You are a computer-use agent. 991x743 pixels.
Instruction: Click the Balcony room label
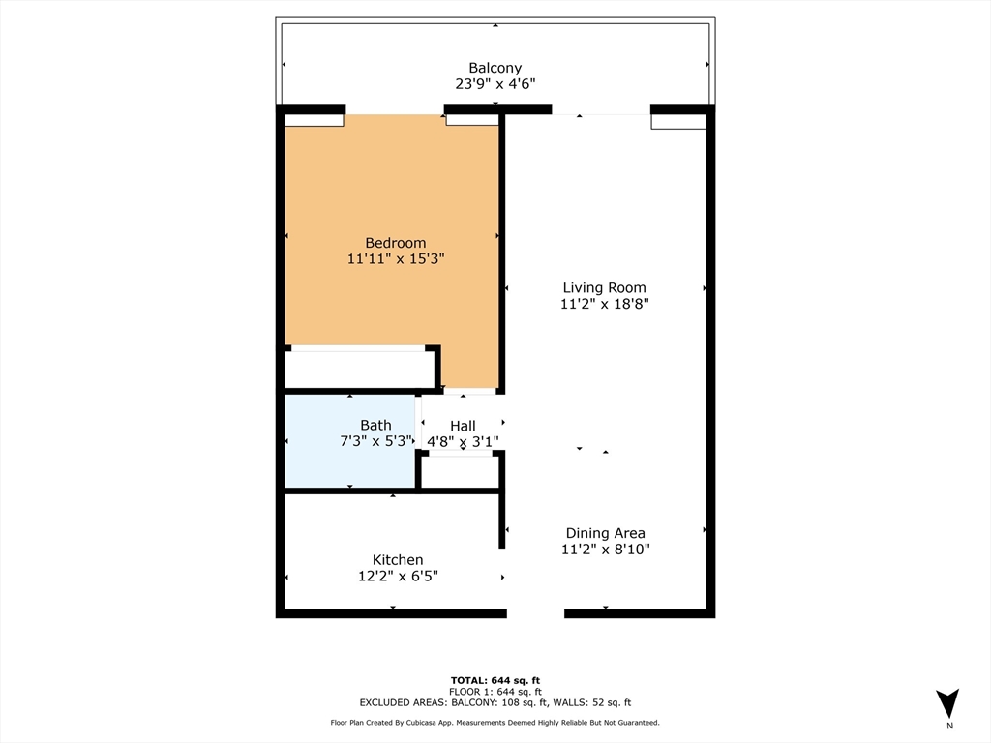pyautogui.click(x=495, y=68)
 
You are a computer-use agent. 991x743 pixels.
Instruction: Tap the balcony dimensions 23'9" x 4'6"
pyautogui.click(x=495, y=84)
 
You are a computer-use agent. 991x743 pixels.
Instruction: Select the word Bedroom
pyautogui.click(x=395, y=243)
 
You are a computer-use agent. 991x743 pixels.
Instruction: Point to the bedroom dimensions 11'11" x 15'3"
pyautogui.click(x=395, y=259)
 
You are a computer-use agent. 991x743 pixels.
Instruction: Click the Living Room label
pyautogui.click(x=604, y=287)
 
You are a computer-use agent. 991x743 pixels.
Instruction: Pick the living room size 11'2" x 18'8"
pyautogui.click(x=604, y=304)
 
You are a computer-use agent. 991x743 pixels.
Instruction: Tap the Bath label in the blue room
pyautogui.click(x=375, y=425)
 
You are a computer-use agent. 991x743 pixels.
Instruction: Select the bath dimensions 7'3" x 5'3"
pyautogui.click(x=375, y=441)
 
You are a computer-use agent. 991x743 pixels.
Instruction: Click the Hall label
pyautogui.click(x=463, y=426)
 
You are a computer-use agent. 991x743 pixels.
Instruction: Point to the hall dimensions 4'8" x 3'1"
pyautogui.click(x=463, y=442)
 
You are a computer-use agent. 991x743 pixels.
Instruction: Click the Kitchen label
pyautogui.click(x=398, y=559)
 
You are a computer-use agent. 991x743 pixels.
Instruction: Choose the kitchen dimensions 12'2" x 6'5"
pyautogui.click(x=398, y=576)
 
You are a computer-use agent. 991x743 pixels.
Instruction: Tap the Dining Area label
pyautogui.click(x=605, y=533)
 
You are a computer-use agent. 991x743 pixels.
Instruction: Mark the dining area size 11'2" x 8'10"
pyautogui.click(x=605, y=550)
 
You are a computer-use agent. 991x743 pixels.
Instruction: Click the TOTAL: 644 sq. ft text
pyautogui.click(x=495, y=679)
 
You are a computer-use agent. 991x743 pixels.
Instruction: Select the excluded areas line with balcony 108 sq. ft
pyautogui.click(x=495, y=702)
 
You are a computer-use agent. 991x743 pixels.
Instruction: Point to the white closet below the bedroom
pyautogui.click(x=359, y=369)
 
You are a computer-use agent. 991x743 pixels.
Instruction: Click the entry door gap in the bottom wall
pyautogui.click(x=535, y=612)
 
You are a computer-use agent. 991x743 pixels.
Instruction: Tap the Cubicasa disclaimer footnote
pyautogui.click(x=495, y=723)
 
